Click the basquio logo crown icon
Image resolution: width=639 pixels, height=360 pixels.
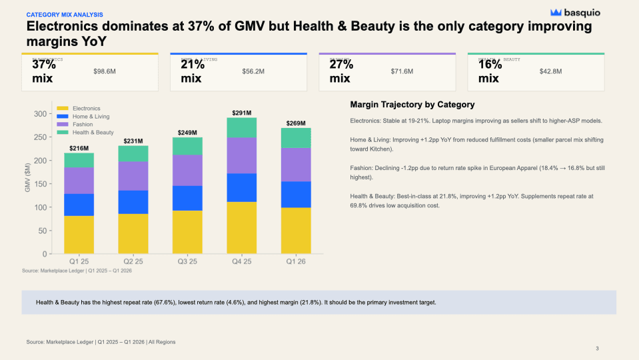[x=556, y=12]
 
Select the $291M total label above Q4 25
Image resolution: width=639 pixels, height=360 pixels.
[x=241, y=113]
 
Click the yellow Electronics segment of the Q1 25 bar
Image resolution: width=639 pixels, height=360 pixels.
[x=79, y=235]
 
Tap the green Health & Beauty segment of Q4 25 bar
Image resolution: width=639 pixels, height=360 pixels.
[x=241, y=127]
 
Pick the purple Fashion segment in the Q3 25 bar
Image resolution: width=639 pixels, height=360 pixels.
[x=187, y=170]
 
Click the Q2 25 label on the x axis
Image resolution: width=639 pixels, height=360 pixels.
[x=133, y=261]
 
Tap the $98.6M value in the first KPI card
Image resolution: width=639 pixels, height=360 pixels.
[x=105, y=71]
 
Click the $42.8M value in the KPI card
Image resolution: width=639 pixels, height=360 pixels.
[x=550, y=71]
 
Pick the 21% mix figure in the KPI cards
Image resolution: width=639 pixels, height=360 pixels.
[x=193, y=71]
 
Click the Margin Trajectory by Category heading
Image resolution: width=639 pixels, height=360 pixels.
[x=412, y=105]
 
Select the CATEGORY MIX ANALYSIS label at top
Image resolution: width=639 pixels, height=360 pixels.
[x=65, y=14]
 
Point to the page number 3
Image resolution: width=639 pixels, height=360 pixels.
[x=597, y=349]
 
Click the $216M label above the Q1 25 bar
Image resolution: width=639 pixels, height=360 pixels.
[x=79, y=148]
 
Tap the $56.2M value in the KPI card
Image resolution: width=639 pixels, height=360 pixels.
[x=253, y=71]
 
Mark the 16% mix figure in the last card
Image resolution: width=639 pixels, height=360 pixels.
[x=490, y=71]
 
